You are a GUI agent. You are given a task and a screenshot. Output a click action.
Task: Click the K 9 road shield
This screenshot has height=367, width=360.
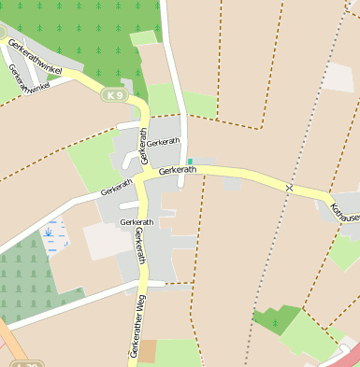tap(115, 95)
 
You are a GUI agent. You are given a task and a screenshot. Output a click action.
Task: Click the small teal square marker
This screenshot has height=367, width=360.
tap(190, 162)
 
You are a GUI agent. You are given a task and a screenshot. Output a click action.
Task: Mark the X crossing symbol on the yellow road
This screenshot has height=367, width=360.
tap(290, 189)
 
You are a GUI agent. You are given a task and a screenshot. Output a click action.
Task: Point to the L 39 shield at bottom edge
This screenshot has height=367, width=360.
tap(28, 364)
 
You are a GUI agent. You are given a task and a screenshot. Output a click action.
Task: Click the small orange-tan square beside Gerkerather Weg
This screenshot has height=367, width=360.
tap(148, 351)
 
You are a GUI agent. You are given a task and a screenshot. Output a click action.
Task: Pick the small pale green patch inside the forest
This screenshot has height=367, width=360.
tap(143, 38)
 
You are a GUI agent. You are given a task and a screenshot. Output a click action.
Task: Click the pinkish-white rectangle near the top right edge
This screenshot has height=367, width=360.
tap(338, 77)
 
